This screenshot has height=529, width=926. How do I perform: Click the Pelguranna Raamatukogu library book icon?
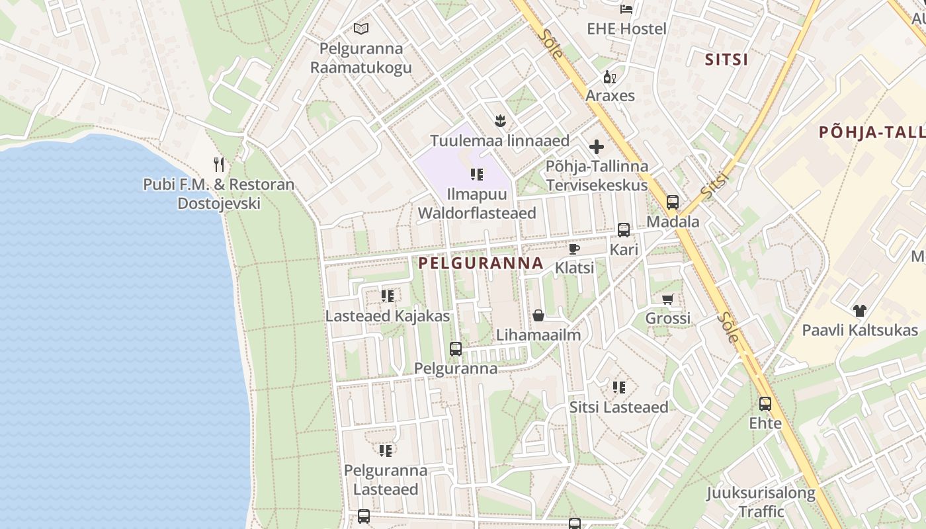click(360, 28)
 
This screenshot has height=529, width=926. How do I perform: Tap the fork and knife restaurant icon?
click(219, 164)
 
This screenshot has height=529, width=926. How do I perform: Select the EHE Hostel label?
click(626, 29)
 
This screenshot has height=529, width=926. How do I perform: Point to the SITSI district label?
click(726, 60)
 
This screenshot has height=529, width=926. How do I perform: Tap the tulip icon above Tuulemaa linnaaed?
click(500, 120)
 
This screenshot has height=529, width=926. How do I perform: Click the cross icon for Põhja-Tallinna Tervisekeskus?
click(597, 146)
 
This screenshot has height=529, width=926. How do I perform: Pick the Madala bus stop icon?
click(673, 202)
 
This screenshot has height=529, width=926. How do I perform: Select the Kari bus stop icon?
click(624, 230)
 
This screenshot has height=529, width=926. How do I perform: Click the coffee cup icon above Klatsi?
click(574, 249)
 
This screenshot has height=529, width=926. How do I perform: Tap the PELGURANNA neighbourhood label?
click(481, 263)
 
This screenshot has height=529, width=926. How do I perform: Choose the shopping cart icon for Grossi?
click(668, 299)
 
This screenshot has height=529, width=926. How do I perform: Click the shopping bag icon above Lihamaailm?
click(538, 315)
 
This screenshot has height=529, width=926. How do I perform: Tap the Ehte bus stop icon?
click(765, 403)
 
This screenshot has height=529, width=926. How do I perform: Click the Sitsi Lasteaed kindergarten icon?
click(618, 387)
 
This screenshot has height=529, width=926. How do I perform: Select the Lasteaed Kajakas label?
click(387, 316)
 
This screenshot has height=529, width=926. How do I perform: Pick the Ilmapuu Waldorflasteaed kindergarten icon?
click(476, 175)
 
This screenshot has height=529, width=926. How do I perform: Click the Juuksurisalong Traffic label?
click(761, 502)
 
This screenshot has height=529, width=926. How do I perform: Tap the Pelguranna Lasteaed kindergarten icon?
click(385, 451)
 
